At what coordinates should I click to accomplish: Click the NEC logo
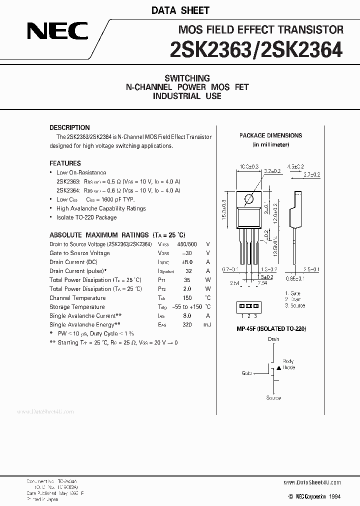pos(57,33)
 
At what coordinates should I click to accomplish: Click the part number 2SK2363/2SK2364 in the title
pos(256,49)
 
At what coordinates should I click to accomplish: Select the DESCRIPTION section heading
pos(69,127)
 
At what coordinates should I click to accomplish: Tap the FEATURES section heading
pos(65,163)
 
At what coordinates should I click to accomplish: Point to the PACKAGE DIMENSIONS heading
pos(270,135)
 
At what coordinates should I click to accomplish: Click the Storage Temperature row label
pos(77,307)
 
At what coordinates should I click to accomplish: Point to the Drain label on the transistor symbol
pos(273,339)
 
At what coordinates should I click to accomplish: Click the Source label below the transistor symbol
pos(273,398)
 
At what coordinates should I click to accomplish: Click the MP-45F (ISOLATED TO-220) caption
pos(271,328)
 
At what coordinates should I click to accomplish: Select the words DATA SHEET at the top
pos(187,10)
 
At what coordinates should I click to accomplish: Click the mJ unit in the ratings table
pos(207,325)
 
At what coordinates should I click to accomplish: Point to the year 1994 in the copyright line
pos(335,496)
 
